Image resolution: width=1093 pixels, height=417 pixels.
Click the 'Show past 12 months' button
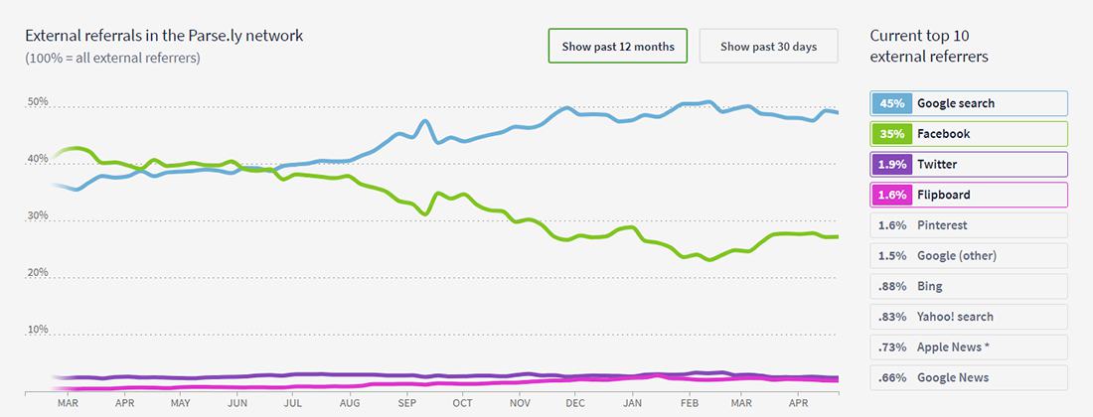(617, 46)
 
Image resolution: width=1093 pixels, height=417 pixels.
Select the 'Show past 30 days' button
(768, 46)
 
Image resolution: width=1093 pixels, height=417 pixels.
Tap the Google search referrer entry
(969, 103)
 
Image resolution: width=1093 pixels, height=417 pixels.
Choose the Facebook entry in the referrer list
(969, 134)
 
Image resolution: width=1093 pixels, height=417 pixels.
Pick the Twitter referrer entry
(969, 164)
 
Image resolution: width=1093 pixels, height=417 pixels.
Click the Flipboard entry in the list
(969, 195)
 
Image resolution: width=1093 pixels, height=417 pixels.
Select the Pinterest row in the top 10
(969, 225)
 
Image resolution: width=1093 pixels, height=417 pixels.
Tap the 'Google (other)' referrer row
(969, 256)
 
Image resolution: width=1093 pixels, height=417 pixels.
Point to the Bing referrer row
(969, 286)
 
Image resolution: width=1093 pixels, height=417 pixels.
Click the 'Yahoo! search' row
(969, 317)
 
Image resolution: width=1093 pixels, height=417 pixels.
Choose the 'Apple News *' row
(969, 347)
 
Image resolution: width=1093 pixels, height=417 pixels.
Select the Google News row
(969, 377)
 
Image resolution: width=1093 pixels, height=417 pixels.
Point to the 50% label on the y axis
(38, 102)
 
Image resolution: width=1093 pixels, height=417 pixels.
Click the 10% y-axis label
(38, 330)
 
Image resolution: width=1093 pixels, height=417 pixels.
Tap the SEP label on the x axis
(406, 405)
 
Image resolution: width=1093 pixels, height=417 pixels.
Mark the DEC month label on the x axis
(574, 405)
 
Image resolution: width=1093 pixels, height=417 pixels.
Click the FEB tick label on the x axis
(687, 405)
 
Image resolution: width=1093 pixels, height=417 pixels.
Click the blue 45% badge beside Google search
(891, 103)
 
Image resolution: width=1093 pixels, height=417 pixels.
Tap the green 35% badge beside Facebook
(891, 134)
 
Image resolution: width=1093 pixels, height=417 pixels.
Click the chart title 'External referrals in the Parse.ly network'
(164, 36)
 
